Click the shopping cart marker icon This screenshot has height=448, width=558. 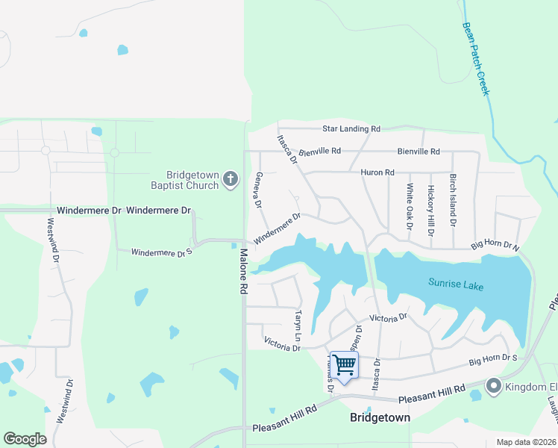pos(344,365)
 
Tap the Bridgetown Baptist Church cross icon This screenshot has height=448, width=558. pos(231,179)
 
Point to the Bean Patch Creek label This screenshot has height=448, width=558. pos(474,58)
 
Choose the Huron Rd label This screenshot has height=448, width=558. pos(377,172)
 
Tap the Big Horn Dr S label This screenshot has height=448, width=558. pos(493,361)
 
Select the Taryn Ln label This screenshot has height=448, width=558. pos(298,325)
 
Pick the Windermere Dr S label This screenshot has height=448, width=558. pos(162,252)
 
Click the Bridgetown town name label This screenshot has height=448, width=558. pos(380,418)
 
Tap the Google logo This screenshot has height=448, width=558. pos(25,439)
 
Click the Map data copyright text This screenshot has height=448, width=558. pos(526,442)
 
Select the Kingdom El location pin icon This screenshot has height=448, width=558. pos(493,386)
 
